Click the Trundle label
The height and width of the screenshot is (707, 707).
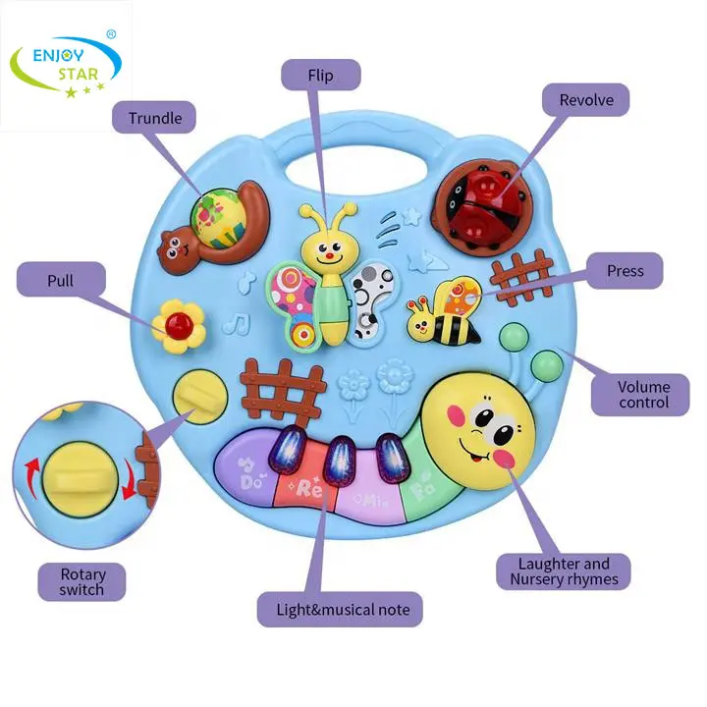coord(155,118)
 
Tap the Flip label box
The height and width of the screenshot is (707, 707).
coord(320,75)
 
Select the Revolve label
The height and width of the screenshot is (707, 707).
coord(586,100)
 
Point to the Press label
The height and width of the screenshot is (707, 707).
coord(625,271)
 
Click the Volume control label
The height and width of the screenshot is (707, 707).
coord(644,394)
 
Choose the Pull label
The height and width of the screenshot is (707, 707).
coord(60,281)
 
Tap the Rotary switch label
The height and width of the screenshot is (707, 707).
coord(82,581)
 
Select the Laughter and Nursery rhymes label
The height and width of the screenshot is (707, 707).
coord(564,571)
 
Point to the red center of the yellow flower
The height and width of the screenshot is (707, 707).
coord(179,325)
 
